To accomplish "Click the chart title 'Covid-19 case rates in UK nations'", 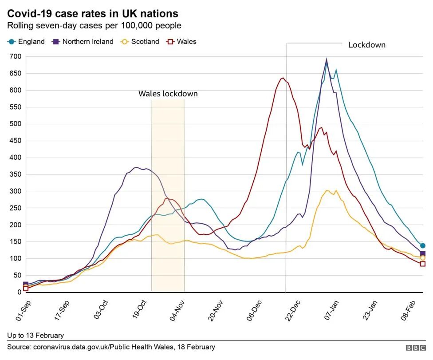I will [93, 13].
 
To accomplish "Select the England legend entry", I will [26, 42].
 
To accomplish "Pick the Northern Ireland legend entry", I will [83, 42].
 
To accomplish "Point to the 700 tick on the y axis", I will [16, 56].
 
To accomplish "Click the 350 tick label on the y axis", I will [16, 174].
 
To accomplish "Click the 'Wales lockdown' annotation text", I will [168, 94].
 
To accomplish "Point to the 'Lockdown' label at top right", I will [366, 45].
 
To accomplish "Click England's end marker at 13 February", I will [423, 245].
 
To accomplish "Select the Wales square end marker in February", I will [423, 264].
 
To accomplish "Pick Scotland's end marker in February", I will [423, 257].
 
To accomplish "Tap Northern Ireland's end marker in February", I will [423, 253].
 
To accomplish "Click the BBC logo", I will [415, 348].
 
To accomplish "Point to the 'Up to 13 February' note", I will [35, 335].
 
